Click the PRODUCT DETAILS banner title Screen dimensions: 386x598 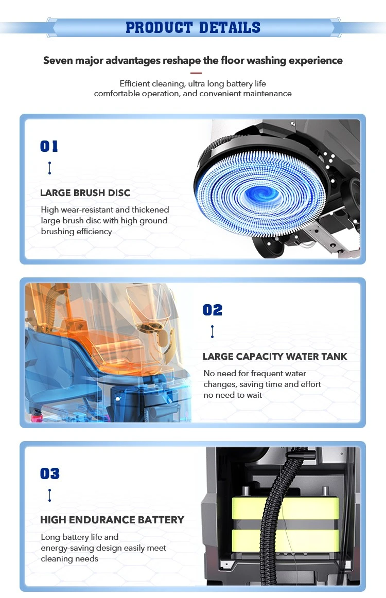[x=193, y=27]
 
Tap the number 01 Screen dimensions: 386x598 [x=49, y=146]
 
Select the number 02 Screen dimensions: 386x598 [x=213, y=310]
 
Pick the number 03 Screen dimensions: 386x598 [x=50, y=473]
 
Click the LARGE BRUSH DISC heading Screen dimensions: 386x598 [x=85, y=193]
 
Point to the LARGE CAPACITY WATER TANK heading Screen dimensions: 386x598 [x=275, y=357]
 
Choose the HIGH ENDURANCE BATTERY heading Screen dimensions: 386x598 [x=112, y=520]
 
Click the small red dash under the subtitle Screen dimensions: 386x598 [x=196, y=73]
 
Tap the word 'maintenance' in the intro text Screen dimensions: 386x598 [x=267, y=94]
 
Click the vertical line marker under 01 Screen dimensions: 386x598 [x=49, y=168]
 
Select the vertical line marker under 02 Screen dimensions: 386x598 [x=213, y=331]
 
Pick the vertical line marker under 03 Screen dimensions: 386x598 [x=49, y=495]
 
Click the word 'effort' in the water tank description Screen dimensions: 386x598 [x=311, y=384]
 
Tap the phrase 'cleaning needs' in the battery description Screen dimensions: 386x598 [x=69, y=559]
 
